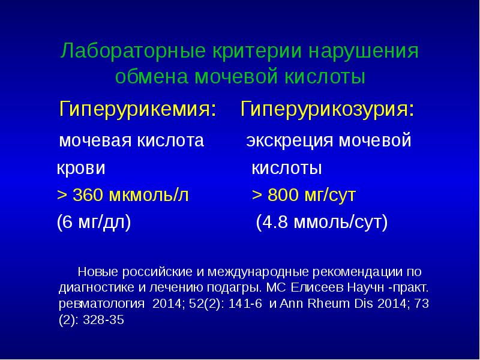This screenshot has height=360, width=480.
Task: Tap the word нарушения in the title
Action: point(363,51)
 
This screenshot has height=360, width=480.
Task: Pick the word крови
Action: point(81,169)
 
